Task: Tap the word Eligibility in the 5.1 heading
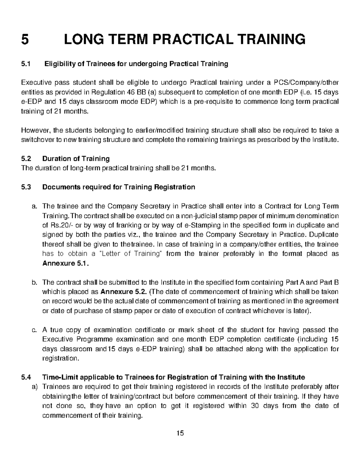pos(59,64)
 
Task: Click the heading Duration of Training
pos(76,158)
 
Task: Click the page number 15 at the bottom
pos(180,433)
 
